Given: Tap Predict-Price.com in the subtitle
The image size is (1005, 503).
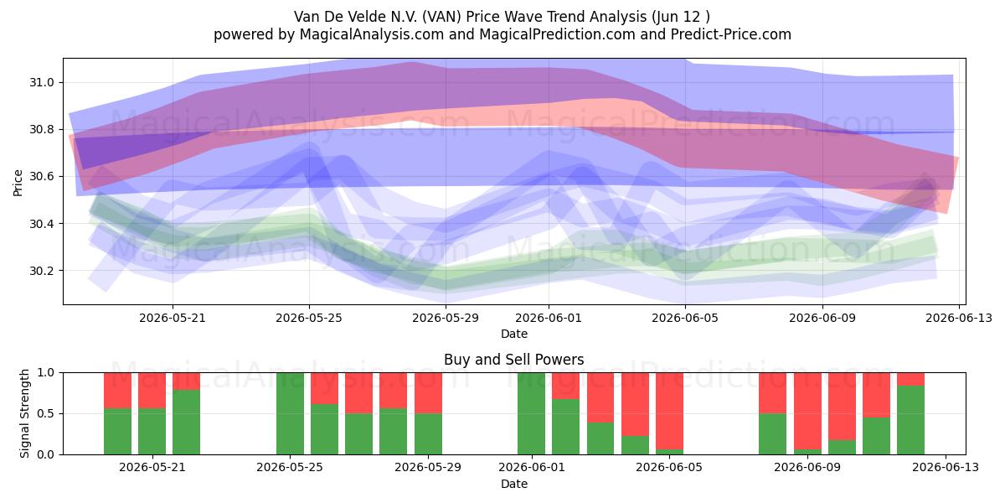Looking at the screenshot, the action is pyautogui.click(x=730, y=34).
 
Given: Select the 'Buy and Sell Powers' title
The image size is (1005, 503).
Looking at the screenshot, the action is pyautogui.click(x=513, y=360).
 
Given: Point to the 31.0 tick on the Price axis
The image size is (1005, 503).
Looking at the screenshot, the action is pyautogui.click(x=41, y=82).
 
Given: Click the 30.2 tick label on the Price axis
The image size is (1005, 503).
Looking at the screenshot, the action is pyautogui.click(x=41, y=271).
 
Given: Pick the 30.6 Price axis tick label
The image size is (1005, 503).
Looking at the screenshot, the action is pyautogui.click(x=41, y=177).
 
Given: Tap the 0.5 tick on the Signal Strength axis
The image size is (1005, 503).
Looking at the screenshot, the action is pyautogui.click(x=46, y=413).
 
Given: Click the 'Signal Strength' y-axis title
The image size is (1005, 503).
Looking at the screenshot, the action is pyautogui.click(x=24, y=413).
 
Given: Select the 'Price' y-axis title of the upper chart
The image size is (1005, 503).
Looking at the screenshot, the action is pyautogui.click(x=18, y=183).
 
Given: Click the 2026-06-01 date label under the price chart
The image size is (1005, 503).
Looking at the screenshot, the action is pyautogui.click(x=549, y=318).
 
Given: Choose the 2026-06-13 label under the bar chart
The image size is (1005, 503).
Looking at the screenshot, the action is pyautogui.click(x=946, y=467).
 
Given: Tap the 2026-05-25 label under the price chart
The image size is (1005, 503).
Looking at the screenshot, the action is pyautogui.click(x=309, y=318).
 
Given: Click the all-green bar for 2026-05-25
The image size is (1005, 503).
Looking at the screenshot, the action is pyautogui.click(x=290, y=413).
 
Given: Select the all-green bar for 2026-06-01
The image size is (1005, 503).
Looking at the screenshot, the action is pyautogui.click(x=531, y=413).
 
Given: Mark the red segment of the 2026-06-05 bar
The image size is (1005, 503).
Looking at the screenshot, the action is pyautogui.click(x=669, y=411).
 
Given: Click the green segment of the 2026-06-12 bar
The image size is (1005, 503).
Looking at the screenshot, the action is pyautogui.click(x=911, y=420).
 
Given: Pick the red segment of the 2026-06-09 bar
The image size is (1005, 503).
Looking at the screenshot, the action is pyautogui.click(x=807, y=411).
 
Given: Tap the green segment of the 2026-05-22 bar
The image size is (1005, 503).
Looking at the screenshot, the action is pyautogui.click(x=186, y=422).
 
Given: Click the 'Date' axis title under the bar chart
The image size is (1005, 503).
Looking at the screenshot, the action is pyautogui.click(x=513, y=484).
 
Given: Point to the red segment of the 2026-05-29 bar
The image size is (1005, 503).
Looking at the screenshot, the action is pyautogui.click(x=428, y=393).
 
